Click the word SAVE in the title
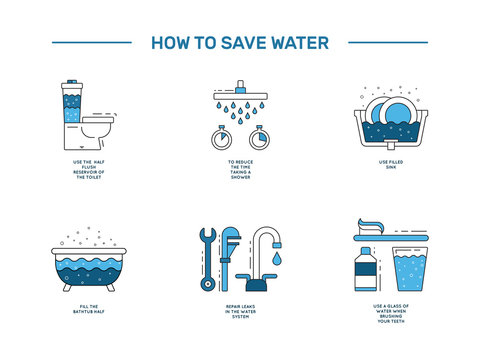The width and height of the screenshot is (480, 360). pos(242,42)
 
